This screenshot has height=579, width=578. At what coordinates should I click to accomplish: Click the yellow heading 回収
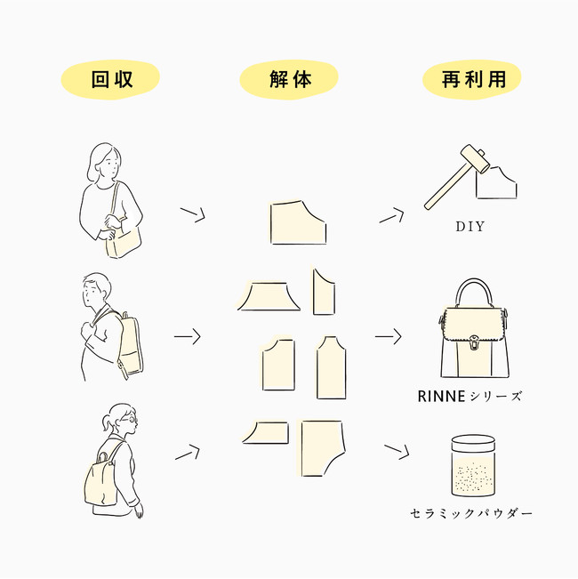click(x=112, y=79)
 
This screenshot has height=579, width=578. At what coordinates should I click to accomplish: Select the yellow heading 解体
click(x=290, y=79)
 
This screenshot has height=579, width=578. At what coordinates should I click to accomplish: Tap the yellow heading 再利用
click(x=474, y=79)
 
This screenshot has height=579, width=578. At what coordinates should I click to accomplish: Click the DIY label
click(x=470, y=227)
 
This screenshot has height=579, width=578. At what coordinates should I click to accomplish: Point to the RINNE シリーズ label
click(x=470, y=396)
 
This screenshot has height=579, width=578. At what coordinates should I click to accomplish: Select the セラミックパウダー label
click(x=471, y=513)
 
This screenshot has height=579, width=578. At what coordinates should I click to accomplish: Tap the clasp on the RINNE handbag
click(x=474, y=342)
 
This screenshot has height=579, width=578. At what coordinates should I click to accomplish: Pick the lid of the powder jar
click(x=473, y=443)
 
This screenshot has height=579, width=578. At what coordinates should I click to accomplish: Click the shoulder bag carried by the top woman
click(x=123, y=241)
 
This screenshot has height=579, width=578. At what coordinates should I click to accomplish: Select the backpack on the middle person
click(x=131, y=344)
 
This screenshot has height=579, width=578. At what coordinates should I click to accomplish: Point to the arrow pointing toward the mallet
click(x=391, y=215)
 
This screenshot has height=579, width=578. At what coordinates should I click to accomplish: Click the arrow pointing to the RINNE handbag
click(x=388, y=336)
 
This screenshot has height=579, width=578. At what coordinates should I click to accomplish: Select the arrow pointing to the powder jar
click(x=397, y=452)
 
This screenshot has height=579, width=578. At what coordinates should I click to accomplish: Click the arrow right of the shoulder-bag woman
click(x=192, y=214)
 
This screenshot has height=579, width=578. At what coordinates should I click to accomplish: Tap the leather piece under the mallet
click(x=496, y=183)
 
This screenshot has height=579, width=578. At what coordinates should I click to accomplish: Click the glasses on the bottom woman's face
click(x=131, y=420)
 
